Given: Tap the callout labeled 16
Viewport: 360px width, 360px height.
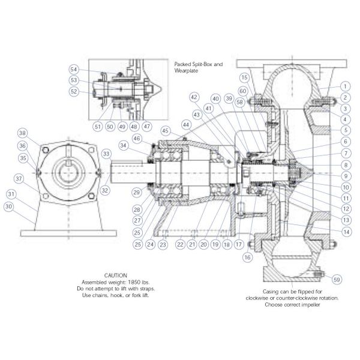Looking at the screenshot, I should (247, 256).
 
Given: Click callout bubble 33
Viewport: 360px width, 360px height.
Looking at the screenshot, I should (106, 154).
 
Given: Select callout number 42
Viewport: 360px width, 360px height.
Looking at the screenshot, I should (194, 97).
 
